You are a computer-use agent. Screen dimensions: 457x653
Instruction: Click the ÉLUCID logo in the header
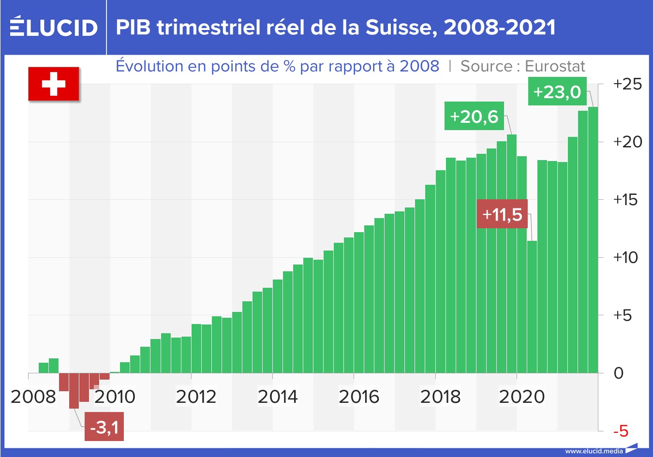[x=54, y=27]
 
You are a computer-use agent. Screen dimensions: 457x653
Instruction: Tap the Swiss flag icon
[x=53, y=84]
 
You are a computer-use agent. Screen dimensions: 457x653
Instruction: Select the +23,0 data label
[x=557, y=91]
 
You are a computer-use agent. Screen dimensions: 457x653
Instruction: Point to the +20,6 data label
[x=474, y=116]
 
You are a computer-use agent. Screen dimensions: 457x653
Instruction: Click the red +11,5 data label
[x=502, y=214]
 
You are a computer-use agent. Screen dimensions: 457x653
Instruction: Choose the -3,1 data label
[x=104, y=427]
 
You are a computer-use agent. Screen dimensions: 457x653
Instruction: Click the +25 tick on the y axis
[x=627, y=84]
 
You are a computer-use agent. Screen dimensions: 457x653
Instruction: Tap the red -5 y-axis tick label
[x=621, y=430]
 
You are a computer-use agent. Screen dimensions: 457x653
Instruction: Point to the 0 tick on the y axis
[x=618, y=373]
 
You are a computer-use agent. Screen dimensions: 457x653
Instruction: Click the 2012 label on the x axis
[x=195, y=397]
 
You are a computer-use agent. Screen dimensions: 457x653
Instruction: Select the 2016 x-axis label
[x=358, y=397]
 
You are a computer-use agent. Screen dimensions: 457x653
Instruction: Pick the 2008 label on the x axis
[x=33, y=397]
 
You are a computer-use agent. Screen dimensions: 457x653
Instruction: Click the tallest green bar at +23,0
[x=593, y=242]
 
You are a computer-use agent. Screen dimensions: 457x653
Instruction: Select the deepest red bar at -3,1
[x=74, y=391]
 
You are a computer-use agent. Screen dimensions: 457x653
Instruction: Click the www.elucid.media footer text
[x=594, y=451]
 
